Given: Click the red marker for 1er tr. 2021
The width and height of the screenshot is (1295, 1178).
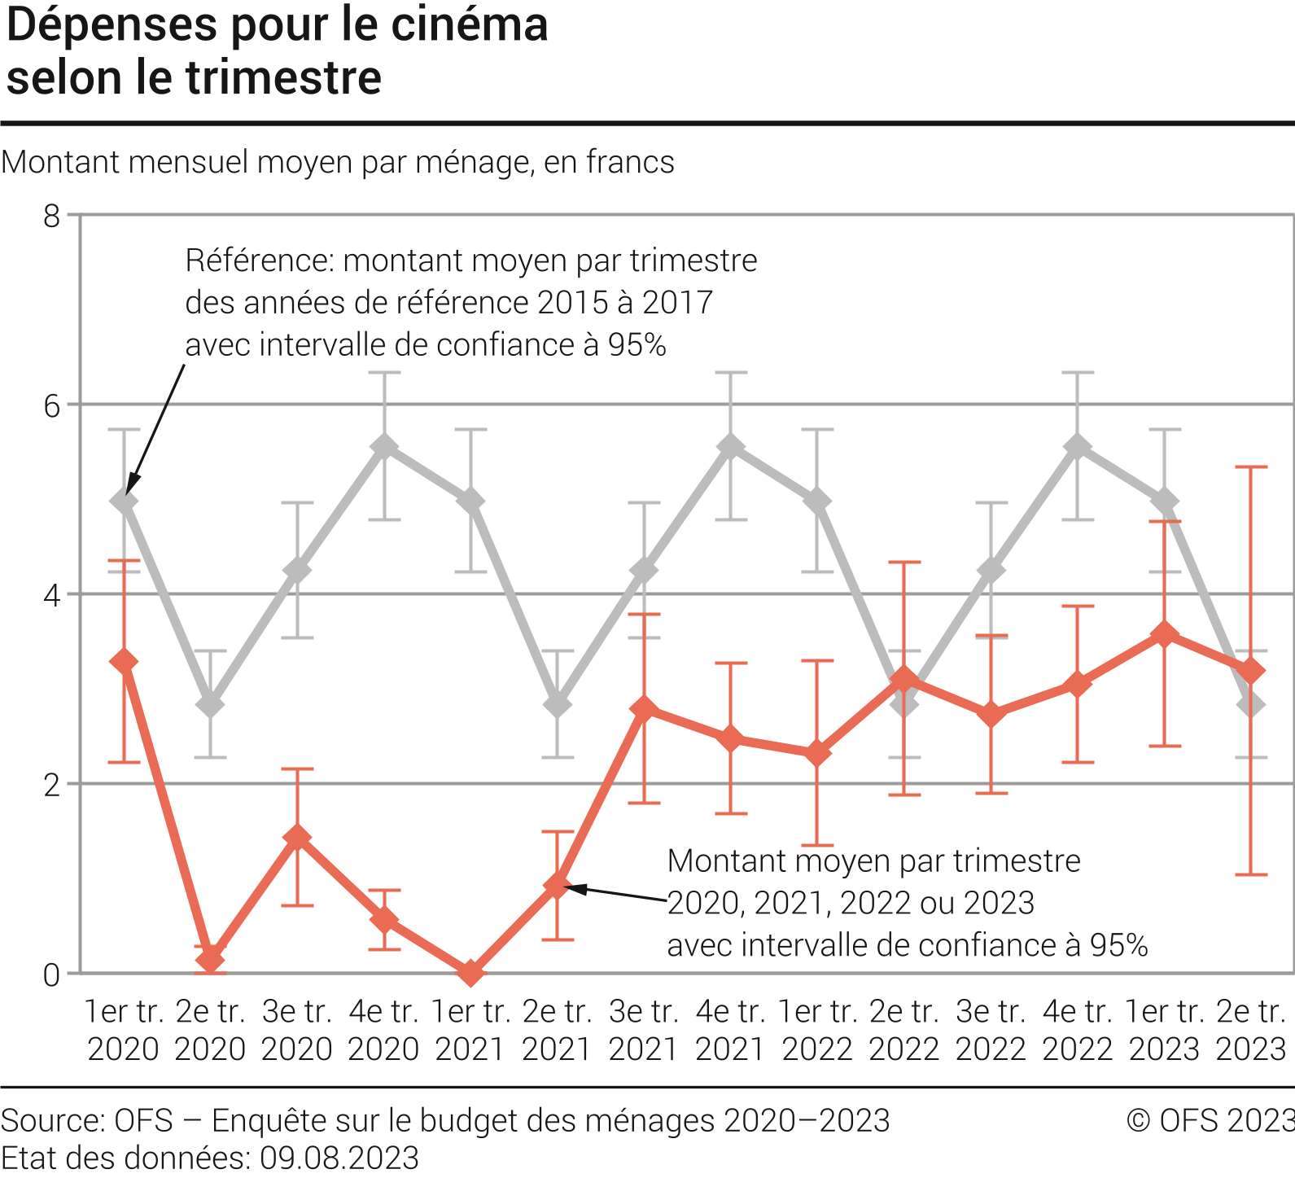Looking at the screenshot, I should tap(470, 972).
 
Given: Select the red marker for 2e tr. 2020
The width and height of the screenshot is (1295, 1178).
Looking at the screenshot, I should tap(211, 958).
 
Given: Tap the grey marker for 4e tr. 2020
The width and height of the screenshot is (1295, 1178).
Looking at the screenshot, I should tap(384, 447).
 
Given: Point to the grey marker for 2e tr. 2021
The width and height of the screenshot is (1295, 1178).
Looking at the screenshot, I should tap(558, 704).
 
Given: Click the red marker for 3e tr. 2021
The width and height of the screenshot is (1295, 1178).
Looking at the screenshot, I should tap(644, 709).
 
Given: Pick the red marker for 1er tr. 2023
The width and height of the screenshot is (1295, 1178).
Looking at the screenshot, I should tap(1165, 634).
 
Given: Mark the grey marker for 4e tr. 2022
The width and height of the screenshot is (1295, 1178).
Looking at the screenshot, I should tap(1078, 447).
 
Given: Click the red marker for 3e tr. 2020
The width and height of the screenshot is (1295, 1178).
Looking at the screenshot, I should tap(298, 838).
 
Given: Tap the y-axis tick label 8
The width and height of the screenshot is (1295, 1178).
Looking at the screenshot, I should tap(52, 216).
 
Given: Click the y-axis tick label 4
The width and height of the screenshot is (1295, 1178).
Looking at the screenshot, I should tap(52, 595).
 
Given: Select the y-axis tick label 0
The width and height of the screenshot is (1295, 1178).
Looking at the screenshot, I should tap(52, 974).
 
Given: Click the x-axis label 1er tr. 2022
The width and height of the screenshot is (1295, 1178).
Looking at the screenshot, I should tap(817, 1030).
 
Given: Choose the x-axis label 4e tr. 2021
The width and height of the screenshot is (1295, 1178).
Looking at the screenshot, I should tap(730, 1030).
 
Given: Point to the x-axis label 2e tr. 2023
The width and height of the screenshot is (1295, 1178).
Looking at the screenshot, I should tap(1251, 1030).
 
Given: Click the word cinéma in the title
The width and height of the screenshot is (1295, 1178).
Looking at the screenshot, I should tap(470, 24).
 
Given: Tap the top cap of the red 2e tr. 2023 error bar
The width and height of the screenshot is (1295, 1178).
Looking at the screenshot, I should tap(1252, 467).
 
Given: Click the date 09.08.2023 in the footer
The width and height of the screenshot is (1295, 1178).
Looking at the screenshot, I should tap(339, 1158).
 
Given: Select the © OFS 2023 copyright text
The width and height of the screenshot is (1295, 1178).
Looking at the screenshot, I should tap(1210, 1121).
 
